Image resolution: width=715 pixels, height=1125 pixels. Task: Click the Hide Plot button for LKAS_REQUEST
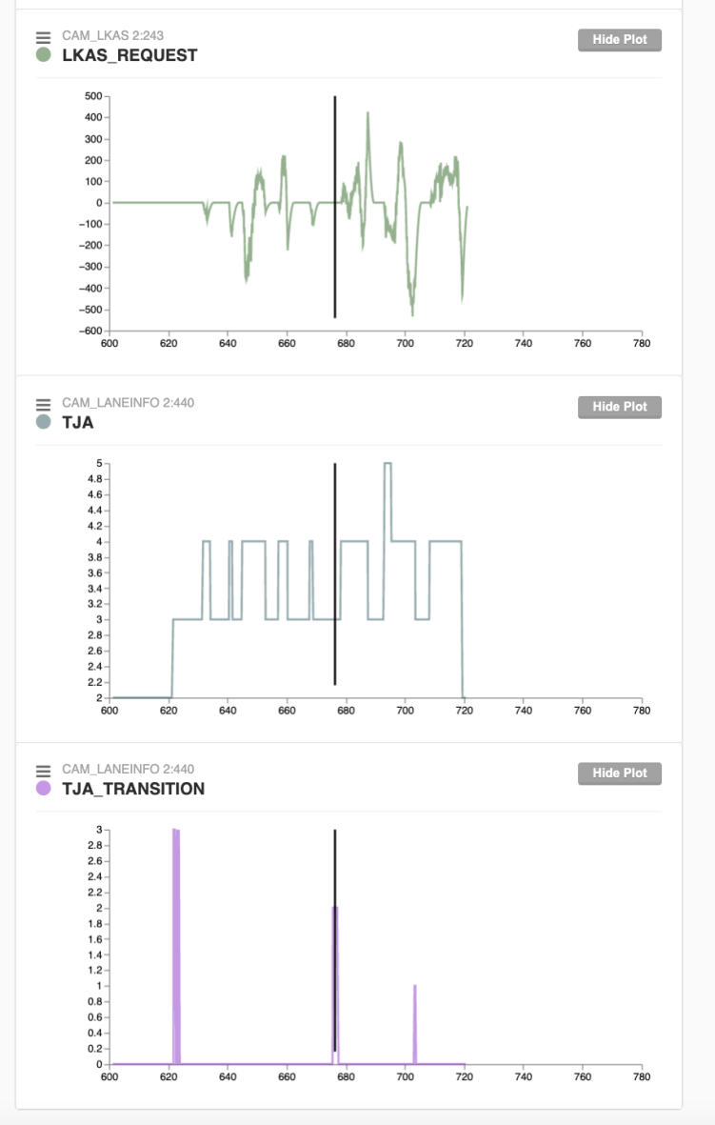(619, 40)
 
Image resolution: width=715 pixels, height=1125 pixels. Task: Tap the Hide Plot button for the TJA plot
(619, 407)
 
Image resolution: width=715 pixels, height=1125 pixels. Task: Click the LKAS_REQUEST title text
(129, 55)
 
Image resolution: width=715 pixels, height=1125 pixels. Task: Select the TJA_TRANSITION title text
(133, 789)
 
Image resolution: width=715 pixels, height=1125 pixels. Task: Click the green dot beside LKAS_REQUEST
(43, 55)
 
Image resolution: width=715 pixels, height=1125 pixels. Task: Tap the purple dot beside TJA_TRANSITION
(43, 789)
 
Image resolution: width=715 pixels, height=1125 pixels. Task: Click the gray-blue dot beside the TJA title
(43, 422)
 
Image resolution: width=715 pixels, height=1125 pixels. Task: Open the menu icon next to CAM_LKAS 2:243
(43, 36)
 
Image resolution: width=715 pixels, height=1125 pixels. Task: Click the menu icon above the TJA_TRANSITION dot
(43, 770)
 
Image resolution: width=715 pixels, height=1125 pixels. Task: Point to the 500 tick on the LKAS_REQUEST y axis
(94, 96)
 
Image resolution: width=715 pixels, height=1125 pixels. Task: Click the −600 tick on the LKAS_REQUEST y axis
(91, 331)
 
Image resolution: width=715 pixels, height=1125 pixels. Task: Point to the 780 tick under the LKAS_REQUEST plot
(641, 344)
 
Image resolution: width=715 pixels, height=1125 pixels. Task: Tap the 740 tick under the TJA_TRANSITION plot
(523, 1077)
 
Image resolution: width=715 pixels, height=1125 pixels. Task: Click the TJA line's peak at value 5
(387, 463)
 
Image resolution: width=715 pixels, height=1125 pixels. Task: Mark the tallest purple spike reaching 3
(175, 831)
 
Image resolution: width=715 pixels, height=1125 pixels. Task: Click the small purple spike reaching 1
(415, 987)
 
